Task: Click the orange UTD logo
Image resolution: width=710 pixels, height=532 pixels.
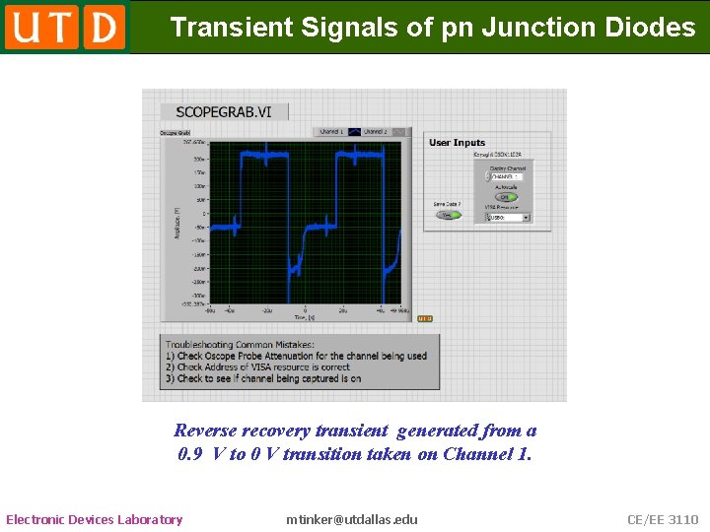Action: [65, 27]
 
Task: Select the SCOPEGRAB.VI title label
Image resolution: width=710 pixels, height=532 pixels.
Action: [223, 111]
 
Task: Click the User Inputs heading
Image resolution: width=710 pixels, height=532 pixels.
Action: [457, 143]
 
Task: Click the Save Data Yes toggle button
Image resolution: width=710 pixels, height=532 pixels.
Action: [450, 215]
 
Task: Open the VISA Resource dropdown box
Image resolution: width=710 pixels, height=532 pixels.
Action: [510, 217]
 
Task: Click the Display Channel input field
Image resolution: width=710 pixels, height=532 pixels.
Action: [506, 177]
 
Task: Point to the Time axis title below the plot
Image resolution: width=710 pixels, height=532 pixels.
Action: [304, 317]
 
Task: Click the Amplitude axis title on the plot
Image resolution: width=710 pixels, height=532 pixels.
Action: [177, 222]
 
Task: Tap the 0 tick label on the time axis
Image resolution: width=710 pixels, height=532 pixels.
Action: [305, 309]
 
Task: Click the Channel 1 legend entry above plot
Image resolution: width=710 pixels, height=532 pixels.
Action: [330, 132]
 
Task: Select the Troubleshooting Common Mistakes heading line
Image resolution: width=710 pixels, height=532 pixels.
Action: [240, 345]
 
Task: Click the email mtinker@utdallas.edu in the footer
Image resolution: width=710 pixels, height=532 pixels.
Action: [352, 519]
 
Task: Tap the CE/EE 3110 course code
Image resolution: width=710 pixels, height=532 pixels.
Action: [663, 519]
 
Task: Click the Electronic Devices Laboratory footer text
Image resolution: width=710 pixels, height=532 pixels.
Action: [95, 519]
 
